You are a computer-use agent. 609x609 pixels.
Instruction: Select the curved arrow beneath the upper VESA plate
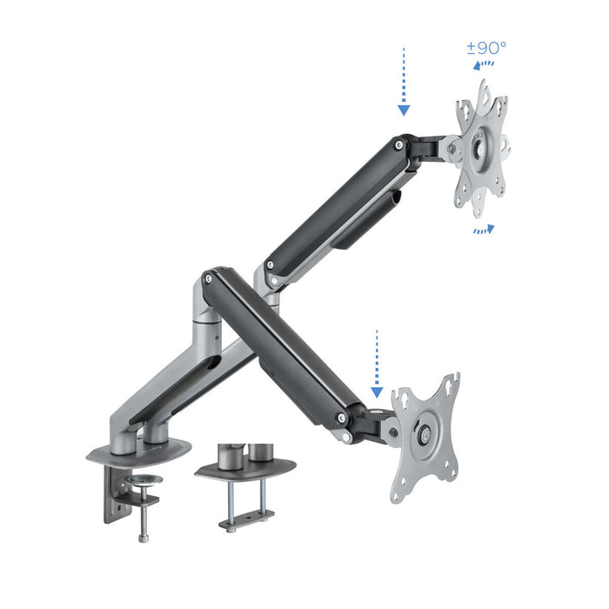[484, 230]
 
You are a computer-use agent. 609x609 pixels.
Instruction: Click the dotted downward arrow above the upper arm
[404, 83]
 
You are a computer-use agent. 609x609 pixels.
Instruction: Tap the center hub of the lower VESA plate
[425, 435]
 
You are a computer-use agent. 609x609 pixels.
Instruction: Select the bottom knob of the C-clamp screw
[142, 536]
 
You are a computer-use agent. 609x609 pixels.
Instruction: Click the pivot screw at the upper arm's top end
[398, 146]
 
